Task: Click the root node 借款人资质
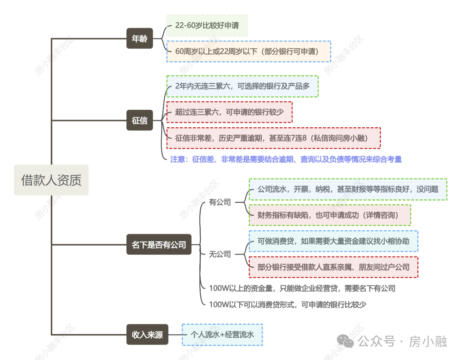(x=51, y=180)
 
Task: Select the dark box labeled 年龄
(x=139, y=38)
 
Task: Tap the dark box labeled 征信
(x=139, y=120)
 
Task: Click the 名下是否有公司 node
(x=159, y=245)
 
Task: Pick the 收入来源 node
(x=147, y=334)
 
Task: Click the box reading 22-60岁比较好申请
(x=207, y=26)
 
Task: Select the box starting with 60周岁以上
(x=249, y=52)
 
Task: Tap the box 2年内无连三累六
(x=242, y=86)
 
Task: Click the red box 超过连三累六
(x=229, y=112)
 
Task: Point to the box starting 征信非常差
(x=273, y=138)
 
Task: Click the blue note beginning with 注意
(x=286, y=159)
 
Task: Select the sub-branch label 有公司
(x=220, y=202)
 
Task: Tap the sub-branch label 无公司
(x=220, y=254)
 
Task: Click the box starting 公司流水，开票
(x=348, y=189)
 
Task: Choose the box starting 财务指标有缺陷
(x=330, y=215)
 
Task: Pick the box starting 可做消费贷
(x=333, y=241)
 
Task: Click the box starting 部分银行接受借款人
(x=333, y=267)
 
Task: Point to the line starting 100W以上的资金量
(x=302, y=288)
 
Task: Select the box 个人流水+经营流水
(x=222, y=335)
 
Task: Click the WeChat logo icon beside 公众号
(x=345, y=341)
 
